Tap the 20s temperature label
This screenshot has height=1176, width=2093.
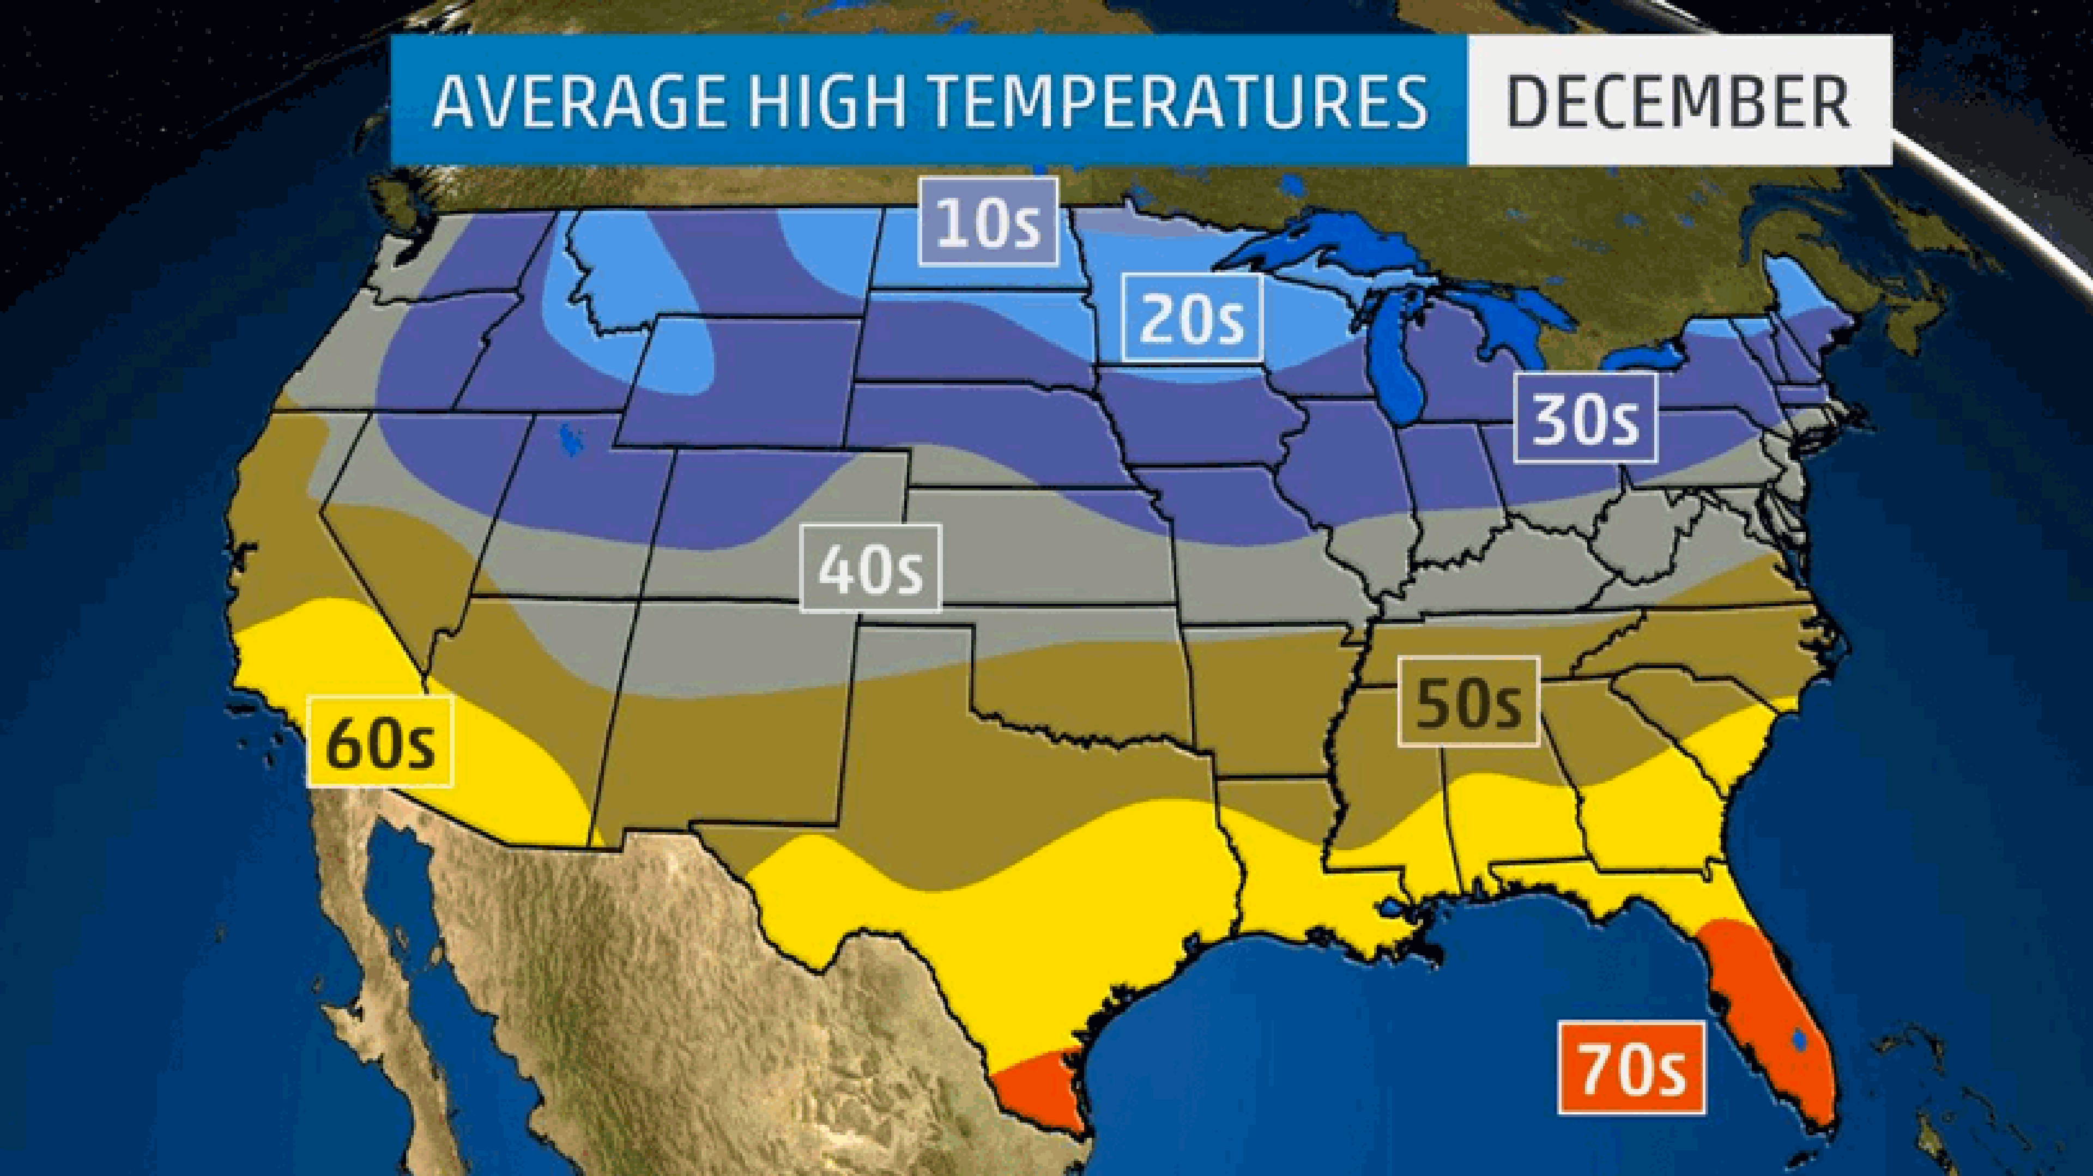click(1192, 318)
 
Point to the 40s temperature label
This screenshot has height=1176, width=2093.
click(870, 568)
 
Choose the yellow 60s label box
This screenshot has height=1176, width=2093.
click(379, 742)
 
